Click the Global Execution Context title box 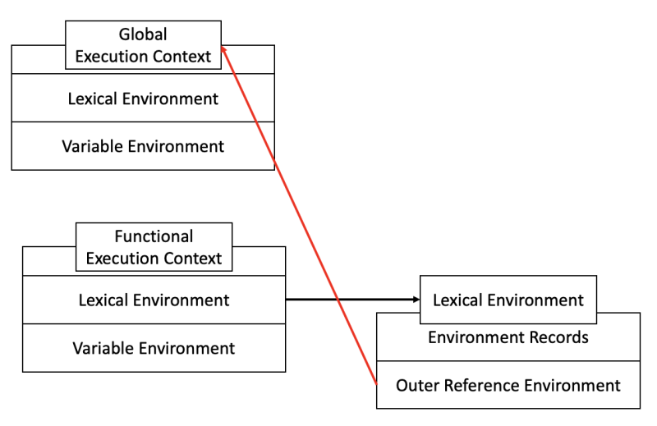pos(143,46)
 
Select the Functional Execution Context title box pos(154,247)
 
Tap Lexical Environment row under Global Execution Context pos(143,98)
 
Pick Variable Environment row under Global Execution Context pos(143,146)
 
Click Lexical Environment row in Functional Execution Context pos(154,300)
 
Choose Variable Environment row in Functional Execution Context pos(154,348)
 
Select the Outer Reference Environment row pos(508,385)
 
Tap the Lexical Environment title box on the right pos(508,300)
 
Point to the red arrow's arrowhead pos(224,51)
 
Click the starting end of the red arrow pos(376,383)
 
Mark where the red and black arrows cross pos(338,300)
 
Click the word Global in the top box pos(143,34)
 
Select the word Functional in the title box pos(154,236)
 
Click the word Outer pos(419,385)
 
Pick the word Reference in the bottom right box pos(488,385)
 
